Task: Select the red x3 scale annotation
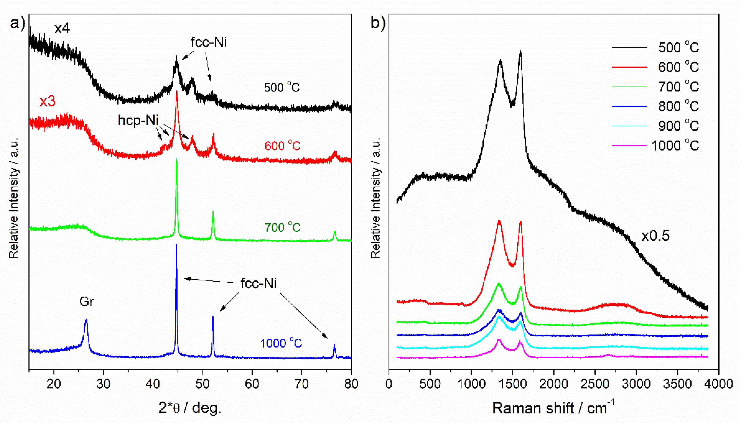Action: point(47,102)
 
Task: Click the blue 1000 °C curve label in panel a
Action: point(281,343)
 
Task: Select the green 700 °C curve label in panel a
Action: point(282,227)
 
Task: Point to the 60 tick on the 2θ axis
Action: point(252,384)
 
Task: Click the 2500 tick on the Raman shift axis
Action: point(595,384)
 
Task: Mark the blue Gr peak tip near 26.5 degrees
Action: point(86,320)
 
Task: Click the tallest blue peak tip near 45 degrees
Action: point(176,245)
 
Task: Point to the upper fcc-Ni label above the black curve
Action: point(208,42)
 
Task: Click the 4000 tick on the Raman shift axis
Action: point(719,384)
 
